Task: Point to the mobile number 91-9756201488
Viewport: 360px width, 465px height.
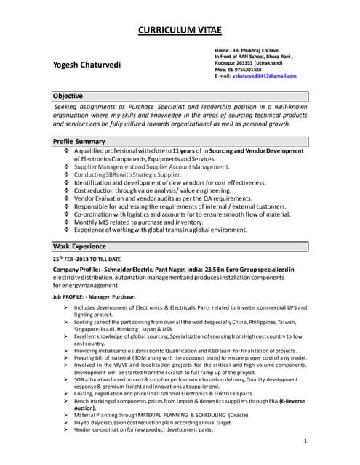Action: tap(245, 69)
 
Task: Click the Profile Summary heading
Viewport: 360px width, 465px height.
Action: tap(79, 141)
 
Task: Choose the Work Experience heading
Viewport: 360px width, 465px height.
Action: tap(79, 246)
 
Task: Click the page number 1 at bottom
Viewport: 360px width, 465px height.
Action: tap(306, 441)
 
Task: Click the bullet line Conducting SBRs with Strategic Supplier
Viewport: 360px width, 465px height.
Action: tap(127, 174)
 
